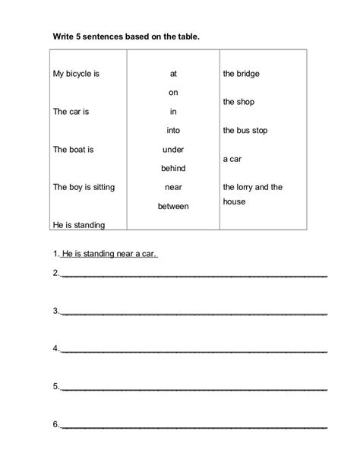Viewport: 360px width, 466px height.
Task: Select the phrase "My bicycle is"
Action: click(76, 74)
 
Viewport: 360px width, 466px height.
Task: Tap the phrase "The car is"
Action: click(71, 111)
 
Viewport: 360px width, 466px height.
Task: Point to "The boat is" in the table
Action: click(73, 149)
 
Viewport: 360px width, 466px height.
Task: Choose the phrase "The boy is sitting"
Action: click(84, 186)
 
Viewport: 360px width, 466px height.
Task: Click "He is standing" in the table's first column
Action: click(79, 224)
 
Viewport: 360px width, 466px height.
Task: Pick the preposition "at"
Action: click(173, 74)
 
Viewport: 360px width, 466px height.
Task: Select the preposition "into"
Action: click(173, 130)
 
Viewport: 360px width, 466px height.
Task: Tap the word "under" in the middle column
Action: click(173, 149)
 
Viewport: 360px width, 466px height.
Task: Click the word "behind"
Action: click(173, 168)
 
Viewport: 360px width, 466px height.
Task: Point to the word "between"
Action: click(173, 205)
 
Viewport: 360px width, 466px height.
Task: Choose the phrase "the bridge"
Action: click(242, 74)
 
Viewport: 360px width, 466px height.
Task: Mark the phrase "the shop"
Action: click(238, 101)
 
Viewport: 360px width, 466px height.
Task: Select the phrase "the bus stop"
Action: click(245, 130)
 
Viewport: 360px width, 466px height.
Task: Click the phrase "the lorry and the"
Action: click(253, 186)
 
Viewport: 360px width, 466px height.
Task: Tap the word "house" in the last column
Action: click(234, 202)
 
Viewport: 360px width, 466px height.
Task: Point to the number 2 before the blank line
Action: click(55, 272)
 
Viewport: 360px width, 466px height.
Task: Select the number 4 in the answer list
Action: click(55, 348)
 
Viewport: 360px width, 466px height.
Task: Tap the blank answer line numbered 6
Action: click(194, 426)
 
